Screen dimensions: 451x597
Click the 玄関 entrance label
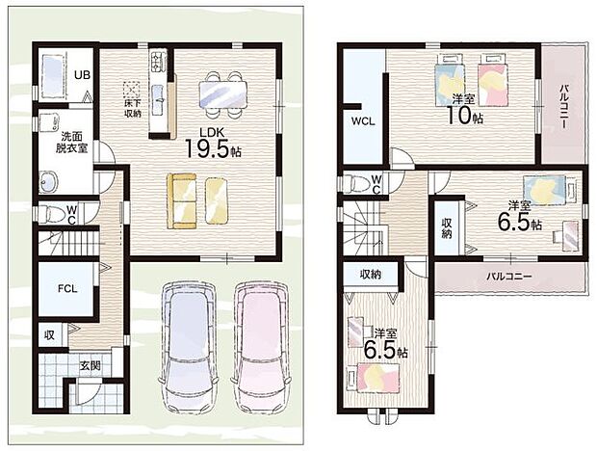click(x=90, y=365)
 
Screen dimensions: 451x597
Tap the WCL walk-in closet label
click(x=362, y=122)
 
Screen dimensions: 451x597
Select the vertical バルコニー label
click(x=562, y=105)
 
